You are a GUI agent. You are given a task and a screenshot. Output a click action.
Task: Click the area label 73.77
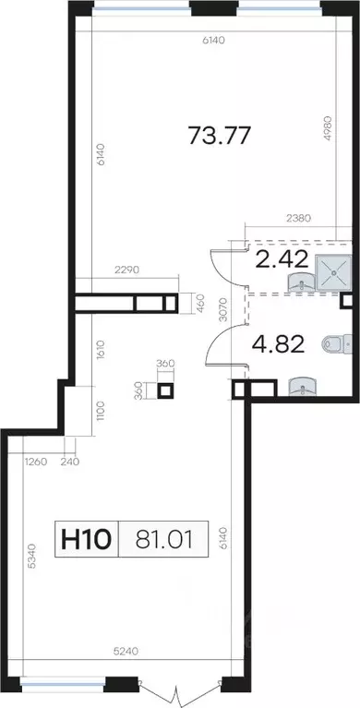click(x=219, y=135)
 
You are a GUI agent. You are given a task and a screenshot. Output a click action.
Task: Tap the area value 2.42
click(x=282, y=259)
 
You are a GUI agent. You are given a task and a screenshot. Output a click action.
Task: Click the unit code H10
click(x=86, y=539)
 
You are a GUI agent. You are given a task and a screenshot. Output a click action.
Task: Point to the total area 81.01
click(x=163, y=539)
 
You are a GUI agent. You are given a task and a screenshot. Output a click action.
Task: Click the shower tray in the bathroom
click(x=334, y=271)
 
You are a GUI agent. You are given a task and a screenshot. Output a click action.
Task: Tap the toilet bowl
click(x=338, y=344)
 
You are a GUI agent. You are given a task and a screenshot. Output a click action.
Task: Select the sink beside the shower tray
click(x=301, y=282)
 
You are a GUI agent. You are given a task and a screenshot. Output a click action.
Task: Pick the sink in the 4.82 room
click(x=303, y=387)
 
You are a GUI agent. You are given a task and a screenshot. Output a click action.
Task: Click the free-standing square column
click(x=165, y=390)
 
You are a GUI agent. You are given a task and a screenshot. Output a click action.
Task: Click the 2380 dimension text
click(x=299, y=219)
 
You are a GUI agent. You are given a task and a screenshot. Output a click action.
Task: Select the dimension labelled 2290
click(x=127, y=270)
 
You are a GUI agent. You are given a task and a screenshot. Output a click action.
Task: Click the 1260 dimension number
click(x=35, y=462)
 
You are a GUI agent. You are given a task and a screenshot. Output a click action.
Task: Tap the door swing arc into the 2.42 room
click(x=222, y=267)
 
